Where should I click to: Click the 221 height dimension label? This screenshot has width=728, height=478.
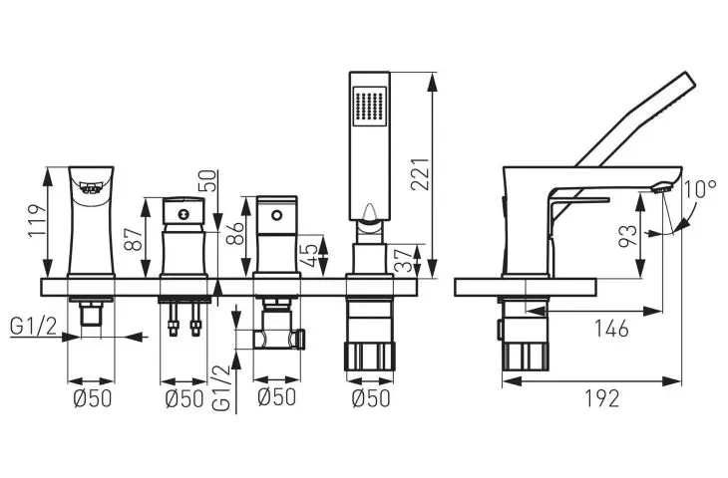(420, 174)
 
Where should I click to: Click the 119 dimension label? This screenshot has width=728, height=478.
(37, 220)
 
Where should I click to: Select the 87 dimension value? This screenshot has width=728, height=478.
(135, 239)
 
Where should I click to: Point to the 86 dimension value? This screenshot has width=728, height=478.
(235, 234)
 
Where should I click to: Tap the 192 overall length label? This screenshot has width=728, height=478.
(601, 398)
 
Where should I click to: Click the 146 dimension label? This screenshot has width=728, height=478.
(612, 329)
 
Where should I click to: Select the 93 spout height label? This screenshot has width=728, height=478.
(627, 236)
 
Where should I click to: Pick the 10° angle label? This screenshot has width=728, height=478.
(700, 189)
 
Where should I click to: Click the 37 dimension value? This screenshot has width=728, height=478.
(404, 261)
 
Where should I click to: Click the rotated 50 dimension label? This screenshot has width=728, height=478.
(208, 181)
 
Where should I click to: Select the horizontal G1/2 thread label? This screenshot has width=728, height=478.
(34, 327)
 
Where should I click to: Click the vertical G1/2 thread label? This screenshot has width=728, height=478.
(221, 388)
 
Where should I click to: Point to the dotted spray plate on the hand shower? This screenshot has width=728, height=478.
(370, 107)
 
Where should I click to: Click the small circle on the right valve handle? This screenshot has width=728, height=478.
(276, 215)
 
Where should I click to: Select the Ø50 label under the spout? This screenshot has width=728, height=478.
(93, 398)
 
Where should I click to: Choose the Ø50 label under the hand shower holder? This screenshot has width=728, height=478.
(371, 398)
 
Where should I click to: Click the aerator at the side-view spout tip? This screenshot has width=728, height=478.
(662, 188)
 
